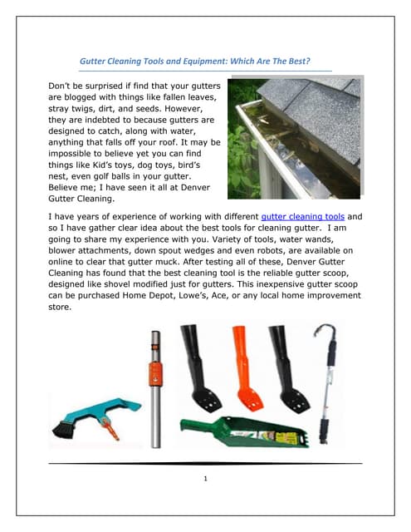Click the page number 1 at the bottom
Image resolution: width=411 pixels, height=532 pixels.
pos(206,478)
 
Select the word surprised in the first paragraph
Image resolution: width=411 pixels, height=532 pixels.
pos(110,87)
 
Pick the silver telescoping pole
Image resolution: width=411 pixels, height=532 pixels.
pos(155,391)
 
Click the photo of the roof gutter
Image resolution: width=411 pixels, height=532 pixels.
pos(295,137)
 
